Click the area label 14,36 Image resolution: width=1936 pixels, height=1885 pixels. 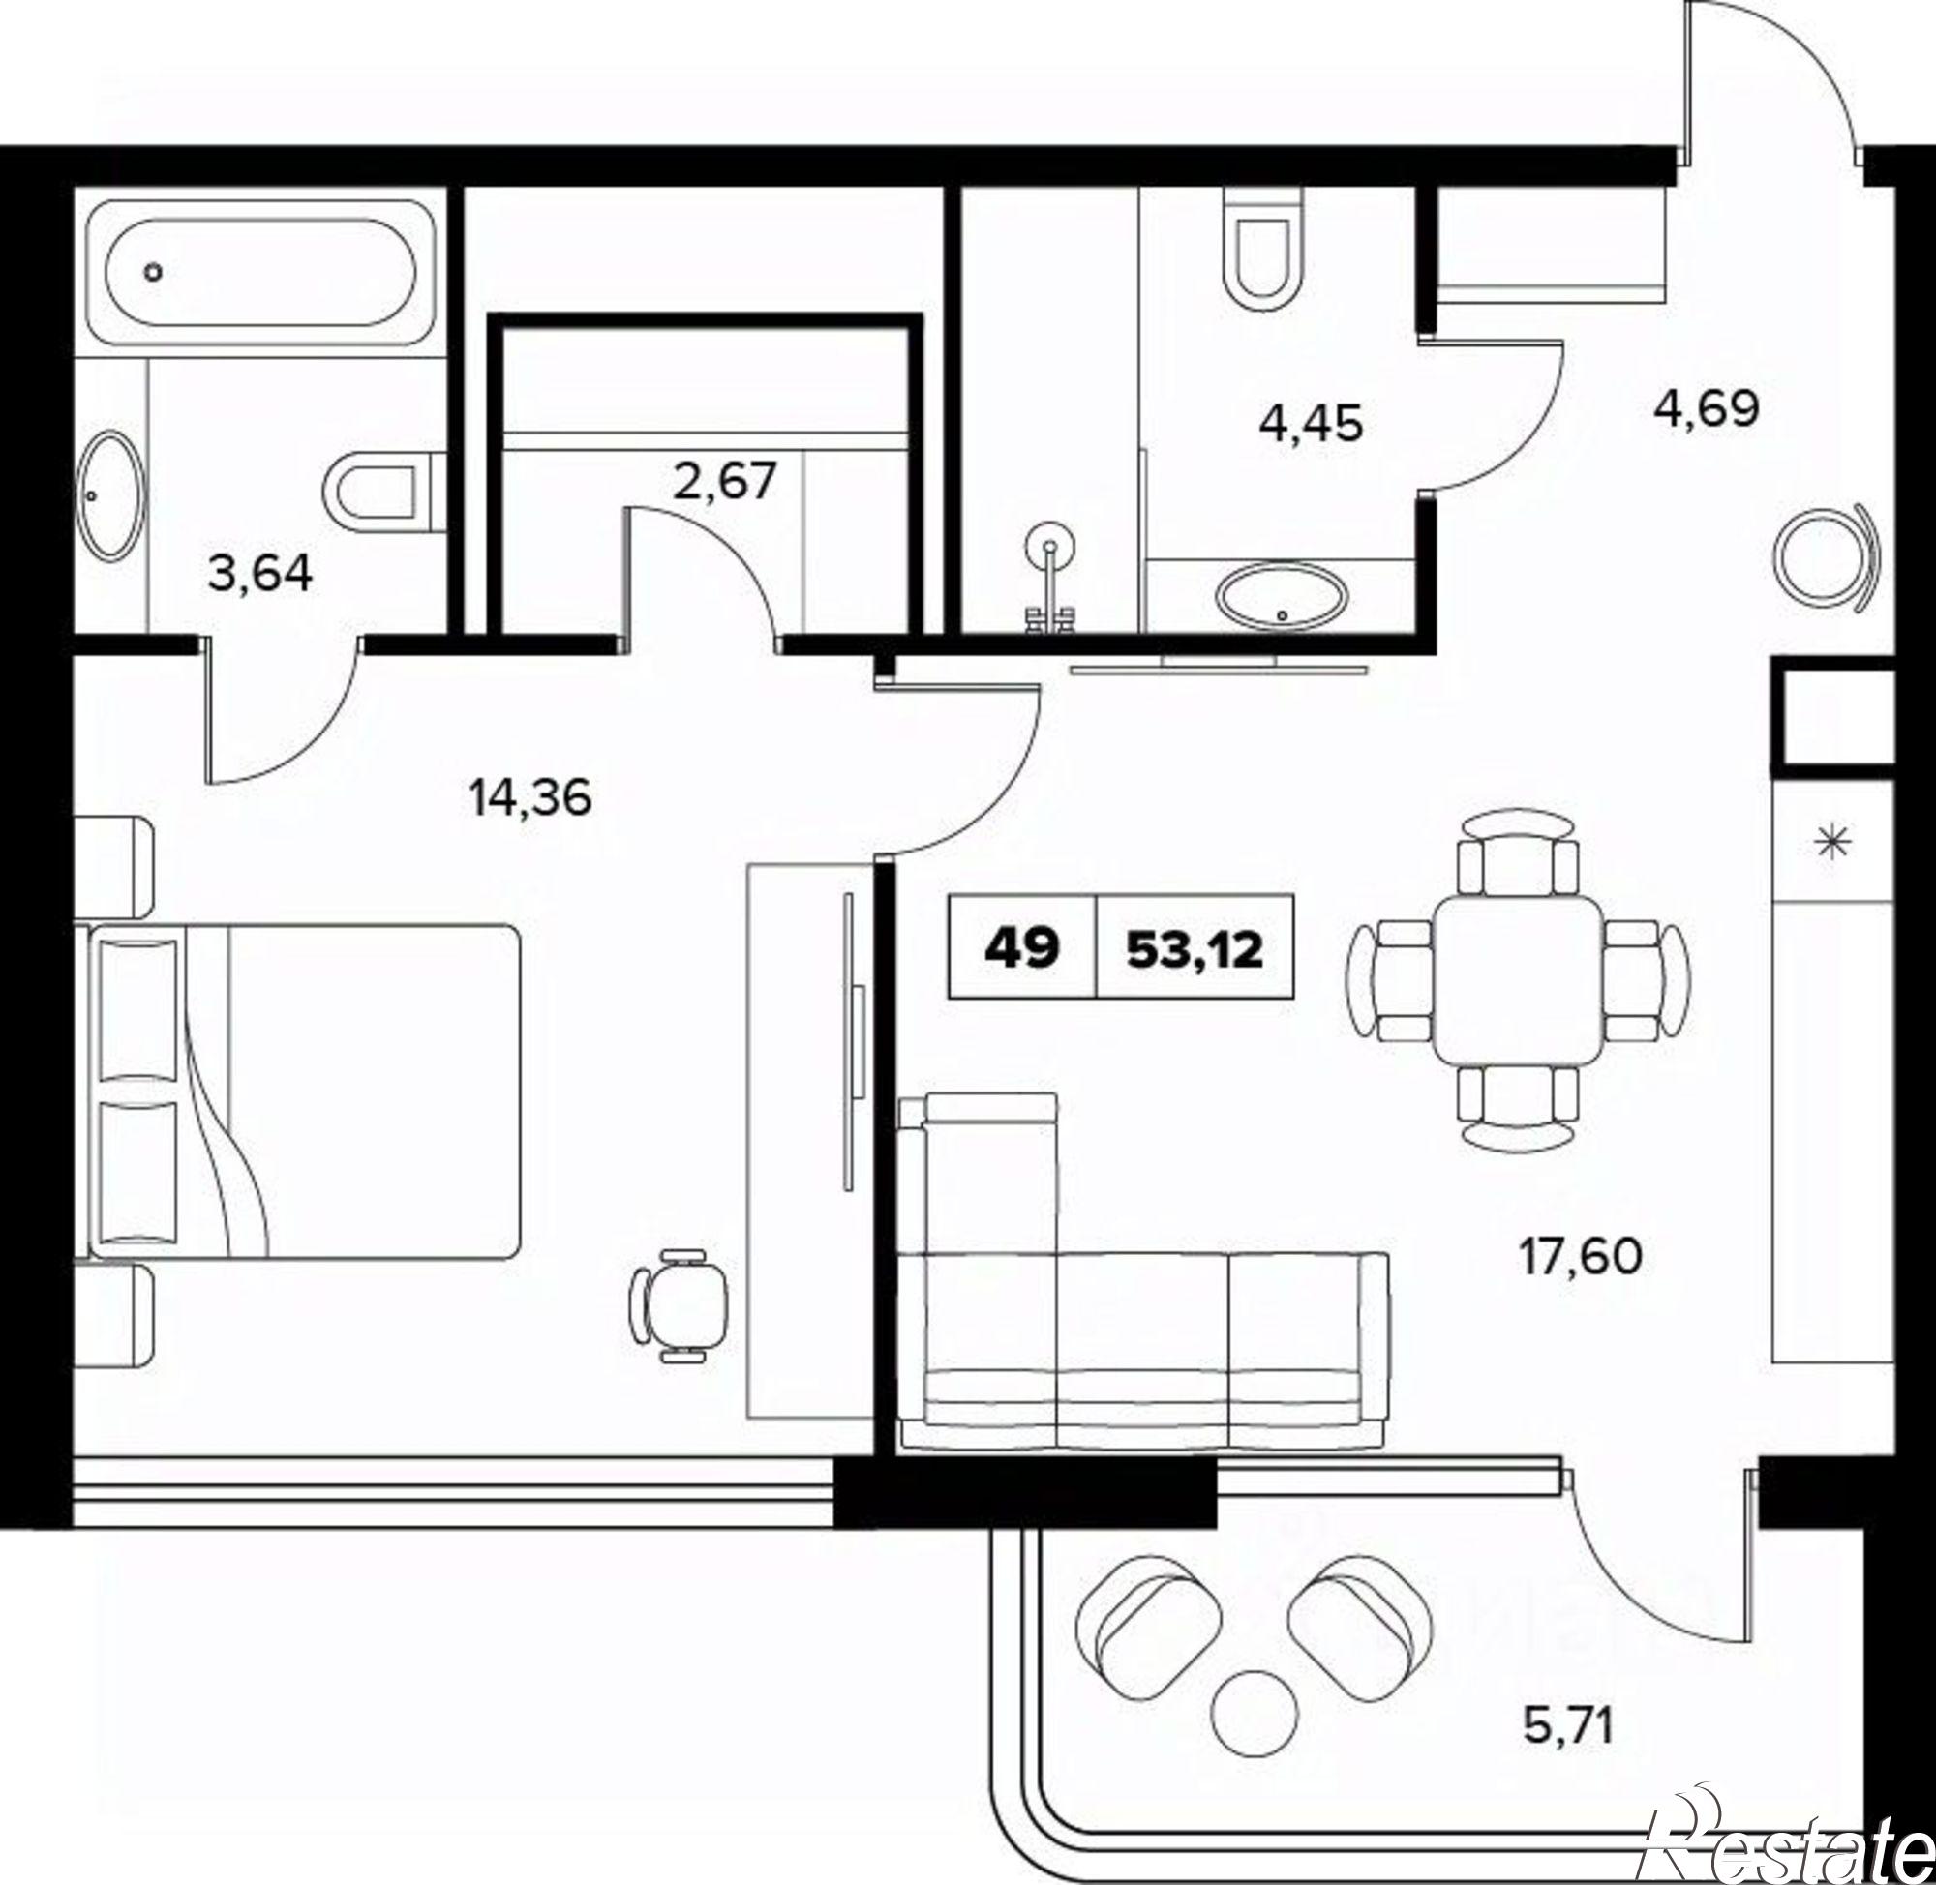click(531, 797)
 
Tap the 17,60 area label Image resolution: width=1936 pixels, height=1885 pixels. click(1581, 1257)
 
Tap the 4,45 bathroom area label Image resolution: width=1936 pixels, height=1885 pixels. click(1311, 423)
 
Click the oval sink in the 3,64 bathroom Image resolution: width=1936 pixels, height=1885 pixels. click(111, 494)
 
